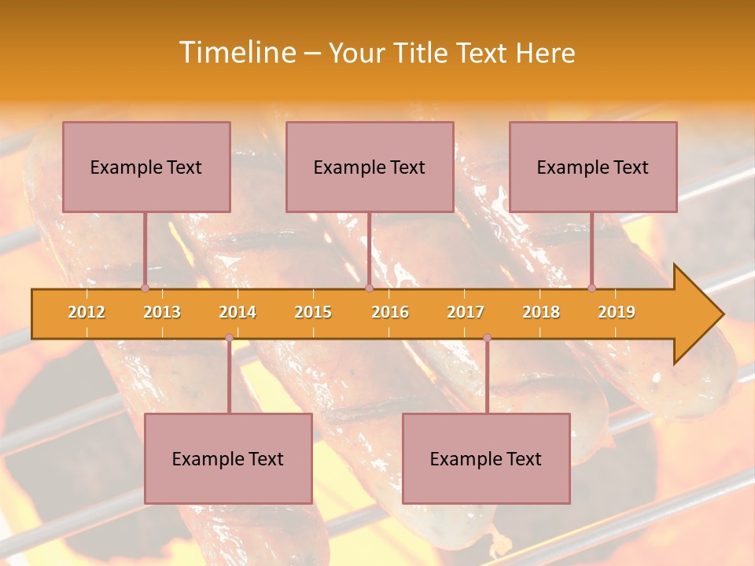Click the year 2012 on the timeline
click(x=87, y=313)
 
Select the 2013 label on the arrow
click(x=162, y=313)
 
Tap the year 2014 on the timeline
click(x=238, y=313)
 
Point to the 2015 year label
click(x=313, y=313)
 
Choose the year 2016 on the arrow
click(x=390, y=313)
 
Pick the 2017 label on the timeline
click(x=466, y=313)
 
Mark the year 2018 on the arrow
click(x=541, y=313)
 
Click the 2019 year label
click(x=617, y=313)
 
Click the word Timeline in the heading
click(x=235, y=53)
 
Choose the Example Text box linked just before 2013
click(x=146, y=167)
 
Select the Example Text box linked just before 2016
click(x=370, y=167)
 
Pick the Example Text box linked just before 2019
click(x=593, y=167)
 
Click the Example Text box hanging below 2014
click(x=228, y=458)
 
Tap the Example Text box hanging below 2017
click(x=486, y=458)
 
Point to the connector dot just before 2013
click(x=145, y=289)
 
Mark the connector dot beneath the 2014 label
click(x=229, y=338)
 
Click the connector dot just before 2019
click(x=591, y=289)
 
